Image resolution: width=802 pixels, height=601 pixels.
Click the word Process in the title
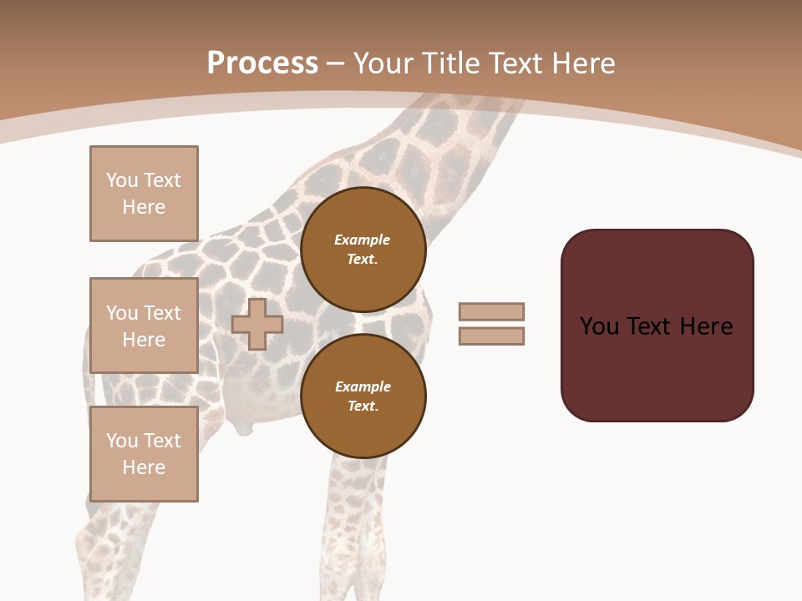pos(262,63)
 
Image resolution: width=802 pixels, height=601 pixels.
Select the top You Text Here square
pos(144,194)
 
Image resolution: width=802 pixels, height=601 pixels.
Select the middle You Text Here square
pos(144,326)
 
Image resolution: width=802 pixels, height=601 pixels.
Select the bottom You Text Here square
pos(144,454)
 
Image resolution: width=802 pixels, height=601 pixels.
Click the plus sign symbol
pos(257,325)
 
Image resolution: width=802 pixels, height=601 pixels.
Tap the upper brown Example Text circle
pos(363,250)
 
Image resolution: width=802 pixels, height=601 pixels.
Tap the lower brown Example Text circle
pos(363,396)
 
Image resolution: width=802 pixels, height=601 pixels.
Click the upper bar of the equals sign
pos(491,312)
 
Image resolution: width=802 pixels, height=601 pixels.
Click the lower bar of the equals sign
pos(491,336)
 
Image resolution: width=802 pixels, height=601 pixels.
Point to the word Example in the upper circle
pos(363,240)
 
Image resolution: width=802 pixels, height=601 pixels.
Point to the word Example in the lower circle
pos(363,386)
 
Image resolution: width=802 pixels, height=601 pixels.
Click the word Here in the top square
pos(144,207)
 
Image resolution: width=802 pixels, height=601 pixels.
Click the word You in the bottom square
pos(121,441)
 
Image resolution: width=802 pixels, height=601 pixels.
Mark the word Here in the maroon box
pos(706,326)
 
